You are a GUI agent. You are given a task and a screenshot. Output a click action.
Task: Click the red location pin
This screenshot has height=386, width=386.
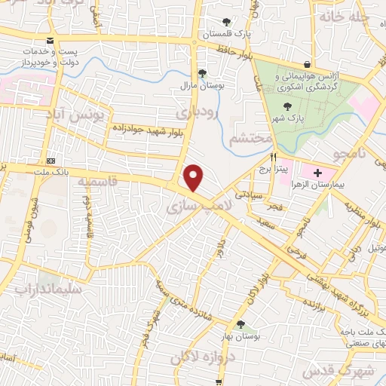coord(194,178)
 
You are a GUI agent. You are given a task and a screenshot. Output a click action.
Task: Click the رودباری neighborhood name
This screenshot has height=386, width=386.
coord(197,112)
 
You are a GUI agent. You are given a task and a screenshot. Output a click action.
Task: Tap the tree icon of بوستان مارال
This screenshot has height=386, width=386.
coord(201,73)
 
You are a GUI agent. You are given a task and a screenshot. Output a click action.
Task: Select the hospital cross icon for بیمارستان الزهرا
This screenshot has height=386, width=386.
coord(317,173)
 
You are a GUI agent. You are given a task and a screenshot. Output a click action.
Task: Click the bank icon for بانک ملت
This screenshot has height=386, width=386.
coord(51,161)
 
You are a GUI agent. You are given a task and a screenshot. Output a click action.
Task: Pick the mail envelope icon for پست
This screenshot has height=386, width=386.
coord(50,40)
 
